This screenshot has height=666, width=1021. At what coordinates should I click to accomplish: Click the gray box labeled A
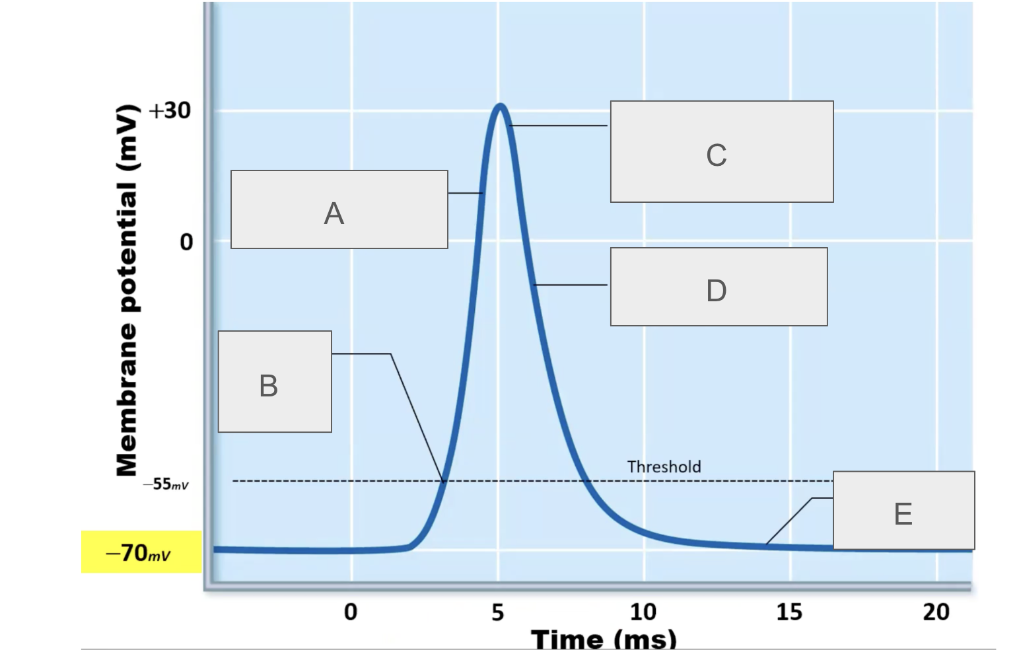pos(339,209)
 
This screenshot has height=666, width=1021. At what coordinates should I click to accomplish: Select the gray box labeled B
pos(275,382)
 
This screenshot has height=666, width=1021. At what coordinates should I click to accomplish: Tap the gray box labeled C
pos(721,151)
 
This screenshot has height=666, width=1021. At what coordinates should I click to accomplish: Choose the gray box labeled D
pos(719,287)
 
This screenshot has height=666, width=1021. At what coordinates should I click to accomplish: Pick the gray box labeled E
pos(903,510)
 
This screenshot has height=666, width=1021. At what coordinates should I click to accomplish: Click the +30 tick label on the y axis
pos(170,110)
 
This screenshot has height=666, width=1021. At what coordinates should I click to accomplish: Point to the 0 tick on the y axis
pos(187,242)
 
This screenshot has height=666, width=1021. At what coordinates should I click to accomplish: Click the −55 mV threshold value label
pos(166,484)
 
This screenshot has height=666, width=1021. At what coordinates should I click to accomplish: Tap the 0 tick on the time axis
pos(351,612)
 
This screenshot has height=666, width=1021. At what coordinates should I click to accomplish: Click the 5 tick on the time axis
pos(498,612)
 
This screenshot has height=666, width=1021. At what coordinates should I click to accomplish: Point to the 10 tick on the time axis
pos(643,612)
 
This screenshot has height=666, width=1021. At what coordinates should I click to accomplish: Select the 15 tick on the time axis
pos(789,612)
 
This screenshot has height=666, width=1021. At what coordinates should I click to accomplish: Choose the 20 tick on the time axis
pos(936,612)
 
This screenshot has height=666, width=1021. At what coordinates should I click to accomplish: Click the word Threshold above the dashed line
pos(664,467)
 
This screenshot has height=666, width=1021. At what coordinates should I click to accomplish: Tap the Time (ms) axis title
pos(604,638)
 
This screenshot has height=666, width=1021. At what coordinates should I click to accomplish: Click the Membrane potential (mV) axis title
pos(127,291)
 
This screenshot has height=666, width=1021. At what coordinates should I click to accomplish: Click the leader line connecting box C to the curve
pos(558,126)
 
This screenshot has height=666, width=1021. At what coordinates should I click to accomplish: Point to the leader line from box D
pos(569,285)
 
